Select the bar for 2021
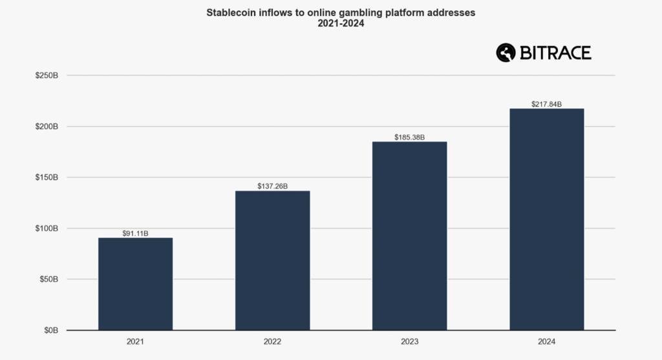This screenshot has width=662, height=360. click(x=135, y=284)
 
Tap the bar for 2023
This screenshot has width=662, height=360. click(x=409, y=236)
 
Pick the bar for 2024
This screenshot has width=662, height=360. click(x=546, y=219)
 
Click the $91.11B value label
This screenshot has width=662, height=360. click(x=135, y=233)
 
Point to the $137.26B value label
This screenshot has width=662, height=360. click(x=272, y=186)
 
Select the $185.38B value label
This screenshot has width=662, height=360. click(x=409, y=137)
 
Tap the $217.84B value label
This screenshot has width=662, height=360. click(x=546, y=104)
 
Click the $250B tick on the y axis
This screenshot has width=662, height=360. click(x=47, y=76)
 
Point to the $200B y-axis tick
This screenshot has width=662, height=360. click(x=47, y=127)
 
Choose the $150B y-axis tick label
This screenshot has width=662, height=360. click(x=47, y=177)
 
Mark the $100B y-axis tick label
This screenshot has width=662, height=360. click(x=47, y=228)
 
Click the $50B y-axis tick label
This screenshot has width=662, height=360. click(x=48, y=279)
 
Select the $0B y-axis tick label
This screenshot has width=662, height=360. click(x=50, y=330)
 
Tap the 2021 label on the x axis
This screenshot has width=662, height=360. click(x=135, y=341)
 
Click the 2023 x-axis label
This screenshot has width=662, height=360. click(x=409, y=341)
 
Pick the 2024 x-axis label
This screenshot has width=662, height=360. click(x=546, y=341)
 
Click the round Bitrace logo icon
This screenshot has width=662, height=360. click(x=506, y=53)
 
